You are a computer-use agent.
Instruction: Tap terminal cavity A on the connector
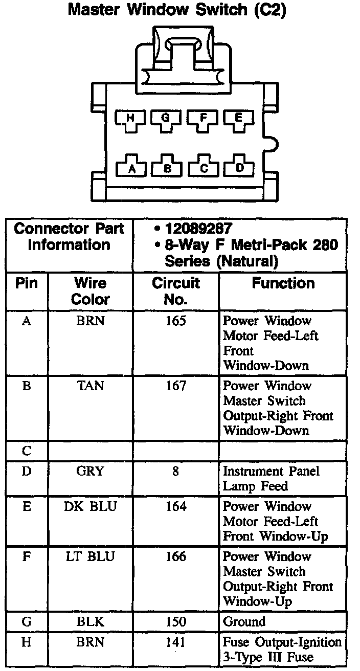[132, 168]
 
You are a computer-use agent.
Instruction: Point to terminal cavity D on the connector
[239, 168]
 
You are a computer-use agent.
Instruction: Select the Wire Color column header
[91, 290]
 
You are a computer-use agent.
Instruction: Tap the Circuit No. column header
[175, 290]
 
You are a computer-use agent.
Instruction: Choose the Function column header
[283, 283]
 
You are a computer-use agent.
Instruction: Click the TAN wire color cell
[91, 386]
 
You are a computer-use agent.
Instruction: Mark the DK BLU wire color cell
[91, 506]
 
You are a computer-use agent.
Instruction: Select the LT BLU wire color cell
[91, 556]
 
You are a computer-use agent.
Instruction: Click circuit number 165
[175, 321]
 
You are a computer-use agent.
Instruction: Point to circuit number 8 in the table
[175, 471]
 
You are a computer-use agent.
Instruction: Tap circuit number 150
[175, 622]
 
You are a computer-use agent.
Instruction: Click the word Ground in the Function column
[244, 622]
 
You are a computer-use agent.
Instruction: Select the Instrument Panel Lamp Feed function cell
[271, 478]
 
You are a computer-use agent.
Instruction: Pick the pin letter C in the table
[27, 451]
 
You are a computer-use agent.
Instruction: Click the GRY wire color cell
[91, 471]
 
